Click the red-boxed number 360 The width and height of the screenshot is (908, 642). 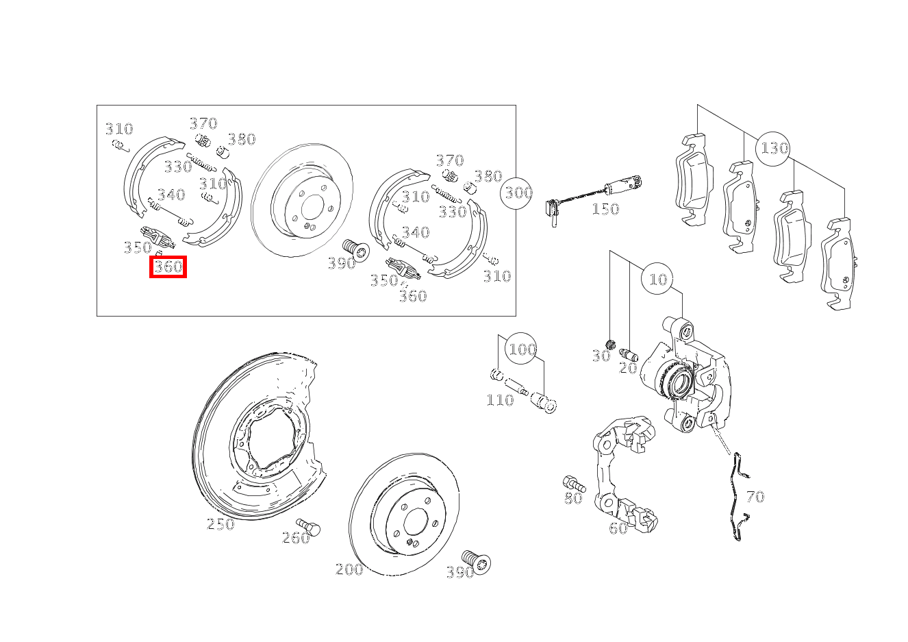point(168,267)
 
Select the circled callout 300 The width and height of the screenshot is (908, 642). point(516,193)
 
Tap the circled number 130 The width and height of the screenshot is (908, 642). point(772,149)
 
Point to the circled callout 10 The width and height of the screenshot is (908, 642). point(657,279)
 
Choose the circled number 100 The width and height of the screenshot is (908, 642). point(521,349)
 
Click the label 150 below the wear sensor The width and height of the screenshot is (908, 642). point(605,209)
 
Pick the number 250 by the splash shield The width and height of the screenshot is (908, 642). point(220,524)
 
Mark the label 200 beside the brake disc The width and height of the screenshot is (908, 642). point(349,569)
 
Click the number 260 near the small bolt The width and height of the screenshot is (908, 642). point(296,538)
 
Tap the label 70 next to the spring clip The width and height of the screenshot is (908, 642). point(755,497)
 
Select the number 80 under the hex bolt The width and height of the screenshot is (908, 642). point(573,498)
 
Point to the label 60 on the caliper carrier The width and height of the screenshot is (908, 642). point(618,528)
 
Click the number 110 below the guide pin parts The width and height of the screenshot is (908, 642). point(500,400)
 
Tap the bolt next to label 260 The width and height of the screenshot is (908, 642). point(308,526)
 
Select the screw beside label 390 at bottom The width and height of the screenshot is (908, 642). point(477,561)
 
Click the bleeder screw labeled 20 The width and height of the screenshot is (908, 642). point(629,354)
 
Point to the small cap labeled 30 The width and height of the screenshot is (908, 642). point(610,345)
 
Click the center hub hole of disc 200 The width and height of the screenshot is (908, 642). point(416,521)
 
